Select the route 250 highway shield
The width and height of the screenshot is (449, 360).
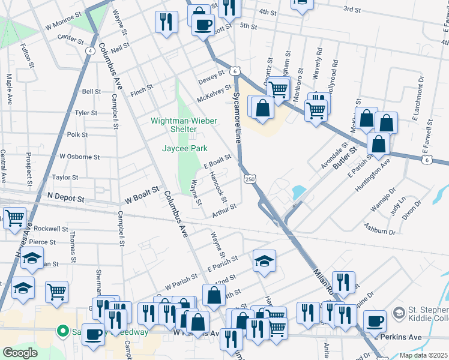coord(250,179)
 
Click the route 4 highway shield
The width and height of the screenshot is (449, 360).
coord(89,51)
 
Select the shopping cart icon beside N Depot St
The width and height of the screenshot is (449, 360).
coord(14,217)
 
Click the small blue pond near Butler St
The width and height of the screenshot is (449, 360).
coord(298,193)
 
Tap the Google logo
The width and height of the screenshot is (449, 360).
coord(20,353)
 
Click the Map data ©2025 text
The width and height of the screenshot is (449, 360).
coord(423,355)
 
